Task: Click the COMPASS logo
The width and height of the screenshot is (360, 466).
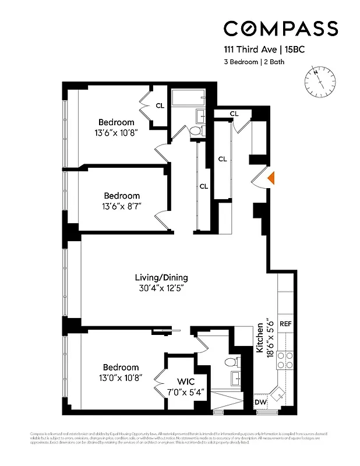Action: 281,29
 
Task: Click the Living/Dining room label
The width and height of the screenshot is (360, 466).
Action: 161,277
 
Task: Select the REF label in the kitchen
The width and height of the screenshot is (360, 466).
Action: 285,323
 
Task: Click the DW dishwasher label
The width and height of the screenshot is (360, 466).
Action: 260,403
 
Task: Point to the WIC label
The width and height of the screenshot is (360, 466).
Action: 186,381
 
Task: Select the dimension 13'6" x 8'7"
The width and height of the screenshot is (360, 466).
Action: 122,206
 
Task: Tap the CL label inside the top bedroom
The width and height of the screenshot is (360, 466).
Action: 160,105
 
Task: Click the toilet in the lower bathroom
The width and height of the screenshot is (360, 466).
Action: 232,363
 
